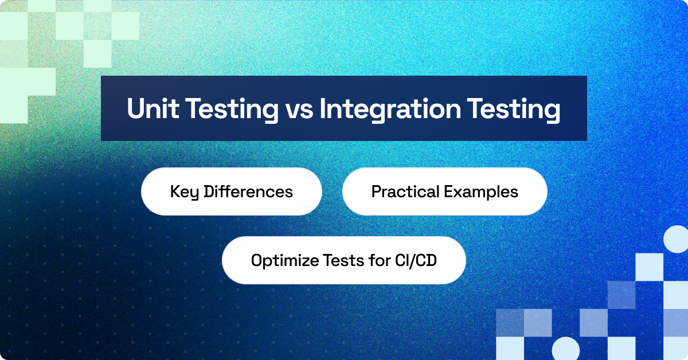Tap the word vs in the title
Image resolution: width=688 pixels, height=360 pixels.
[299, 109]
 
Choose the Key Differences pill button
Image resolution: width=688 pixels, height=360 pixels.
[231, 191]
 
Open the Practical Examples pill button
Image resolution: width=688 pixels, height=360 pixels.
[444, 191]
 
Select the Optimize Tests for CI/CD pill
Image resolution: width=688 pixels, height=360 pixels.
[343, 260]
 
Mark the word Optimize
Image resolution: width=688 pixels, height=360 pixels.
[279, 260]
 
